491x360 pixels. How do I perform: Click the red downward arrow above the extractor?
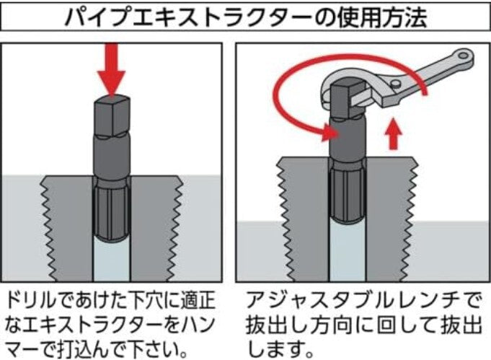(111, 69)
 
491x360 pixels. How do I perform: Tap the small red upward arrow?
(394, 135)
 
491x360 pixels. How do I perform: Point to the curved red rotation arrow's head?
(329, 132)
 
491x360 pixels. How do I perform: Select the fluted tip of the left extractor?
(112, 214)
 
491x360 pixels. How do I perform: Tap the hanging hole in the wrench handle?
(463, 56)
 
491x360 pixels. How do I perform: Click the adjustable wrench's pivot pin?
(395, 83)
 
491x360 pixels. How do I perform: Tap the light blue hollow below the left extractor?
(112, 260)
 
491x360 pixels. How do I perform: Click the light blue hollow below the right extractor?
(348, 250)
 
